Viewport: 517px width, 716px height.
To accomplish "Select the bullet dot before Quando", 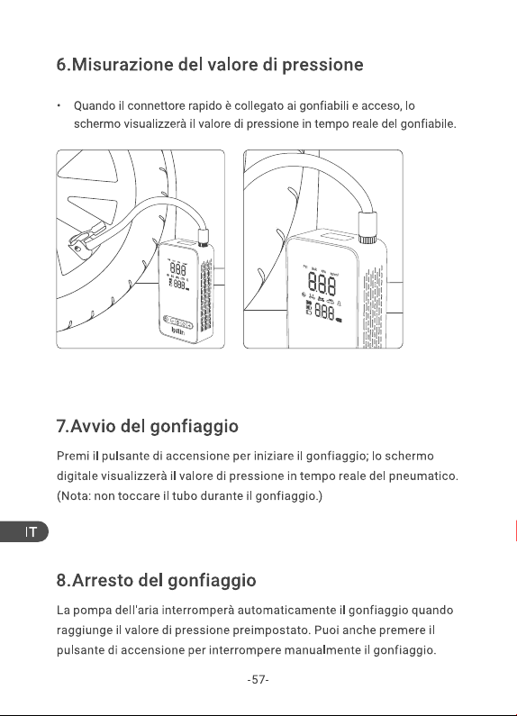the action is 59,106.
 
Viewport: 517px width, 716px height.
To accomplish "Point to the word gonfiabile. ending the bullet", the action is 428,124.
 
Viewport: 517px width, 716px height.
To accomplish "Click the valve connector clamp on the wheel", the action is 84,240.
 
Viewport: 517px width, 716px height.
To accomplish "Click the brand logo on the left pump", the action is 178,331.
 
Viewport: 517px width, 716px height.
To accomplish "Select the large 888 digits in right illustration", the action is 322,283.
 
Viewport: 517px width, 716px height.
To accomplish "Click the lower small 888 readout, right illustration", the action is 324,313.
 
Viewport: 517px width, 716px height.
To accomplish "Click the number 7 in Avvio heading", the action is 61,427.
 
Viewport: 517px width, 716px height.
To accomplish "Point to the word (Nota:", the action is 74,496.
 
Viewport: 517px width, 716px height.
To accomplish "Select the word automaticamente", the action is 286,611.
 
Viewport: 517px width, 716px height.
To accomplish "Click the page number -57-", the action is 258,680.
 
